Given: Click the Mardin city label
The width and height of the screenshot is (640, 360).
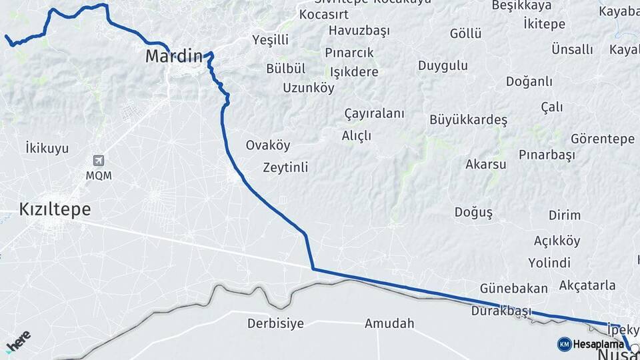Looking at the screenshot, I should (173, 57).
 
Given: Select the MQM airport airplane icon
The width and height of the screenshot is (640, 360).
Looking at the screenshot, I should (99, 161).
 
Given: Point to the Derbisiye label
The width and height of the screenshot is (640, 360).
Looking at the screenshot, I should (275, 324).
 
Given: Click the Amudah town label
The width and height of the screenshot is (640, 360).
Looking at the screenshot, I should (389, 324).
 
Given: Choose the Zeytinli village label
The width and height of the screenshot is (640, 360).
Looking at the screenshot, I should (285, 167).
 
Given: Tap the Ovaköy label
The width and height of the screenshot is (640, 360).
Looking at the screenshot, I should (268, 145).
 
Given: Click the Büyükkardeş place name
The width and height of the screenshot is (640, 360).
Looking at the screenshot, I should (469, 121).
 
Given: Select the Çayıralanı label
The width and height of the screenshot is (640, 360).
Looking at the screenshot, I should (374, 113).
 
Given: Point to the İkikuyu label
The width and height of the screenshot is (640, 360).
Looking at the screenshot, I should (47, 148).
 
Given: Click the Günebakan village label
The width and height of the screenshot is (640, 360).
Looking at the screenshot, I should (514, 289).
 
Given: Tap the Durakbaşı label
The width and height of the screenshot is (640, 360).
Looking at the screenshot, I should (501, 311).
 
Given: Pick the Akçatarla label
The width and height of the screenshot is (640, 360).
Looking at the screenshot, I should (587, 285).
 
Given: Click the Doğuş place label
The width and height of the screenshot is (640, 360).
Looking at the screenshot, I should (473, 213).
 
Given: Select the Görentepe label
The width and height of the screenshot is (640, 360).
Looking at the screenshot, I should (603, 139).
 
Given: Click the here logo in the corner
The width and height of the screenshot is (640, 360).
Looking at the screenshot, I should (18, 341).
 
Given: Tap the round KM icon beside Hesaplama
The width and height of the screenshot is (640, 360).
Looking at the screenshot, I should (564, 344).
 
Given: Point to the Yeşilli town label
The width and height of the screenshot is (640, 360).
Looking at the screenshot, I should (271, 40).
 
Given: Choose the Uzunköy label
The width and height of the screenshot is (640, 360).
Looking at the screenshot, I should (309, 88).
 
